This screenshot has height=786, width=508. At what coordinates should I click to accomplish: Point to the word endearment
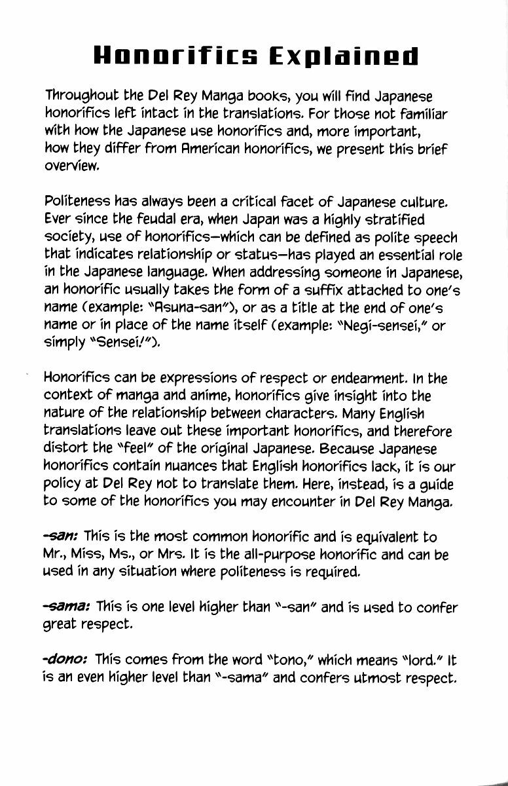pyautogui.click(x=371, y=379)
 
